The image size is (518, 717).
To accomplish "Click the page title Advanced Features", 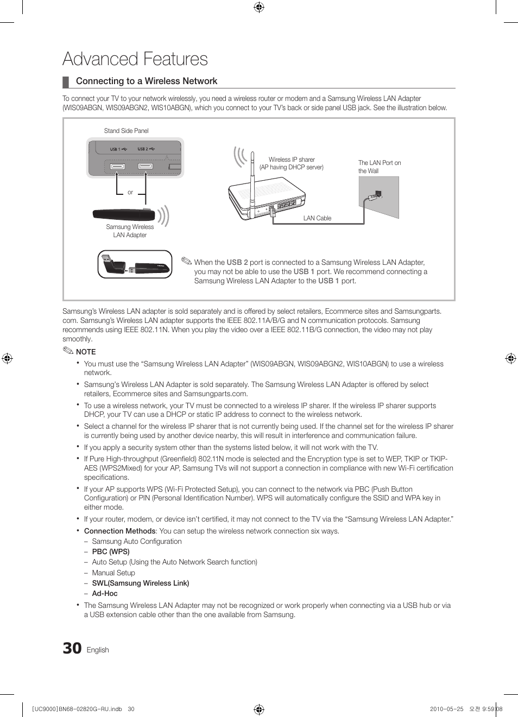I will [135, 59].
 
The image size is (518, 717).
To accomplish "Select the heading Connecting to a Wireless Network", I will [146, 81].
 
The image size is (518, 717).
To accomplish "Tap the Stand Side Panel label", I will [126, 131].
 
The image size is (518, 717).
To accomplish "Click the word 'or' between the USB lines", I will [130, 192].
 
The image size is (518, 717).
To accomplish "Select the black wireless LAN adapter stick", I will [124, 214].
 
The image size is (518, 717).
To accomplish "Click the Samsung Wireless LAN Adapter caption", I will [130, 231].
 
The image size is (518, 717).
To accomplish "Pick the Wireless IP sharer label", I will [292, 160].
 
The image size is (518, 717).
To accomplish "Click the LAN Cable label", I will [317, 218].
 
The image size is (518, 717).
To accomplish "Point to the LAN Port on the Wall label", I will [379, 167].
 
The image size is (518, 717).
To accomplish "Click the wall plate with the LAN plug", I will [380, 197].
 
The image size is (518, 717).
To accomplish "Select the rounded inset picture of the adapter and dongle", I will [135, 264].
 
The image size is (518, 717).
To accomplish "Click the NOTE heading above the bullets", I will [86, 352].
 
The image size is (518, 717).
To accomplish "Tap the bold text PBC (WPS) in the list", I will [111, 551].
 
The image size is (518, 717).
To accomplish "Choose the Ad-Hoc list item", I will [105, 593].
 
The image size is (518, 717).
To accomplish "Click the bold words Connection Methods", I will [119, 531].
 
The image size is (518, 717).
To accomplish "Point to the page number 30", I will [72, 649].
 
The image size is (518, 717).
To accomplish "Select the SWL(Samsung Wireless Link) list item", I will [141, 583].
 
